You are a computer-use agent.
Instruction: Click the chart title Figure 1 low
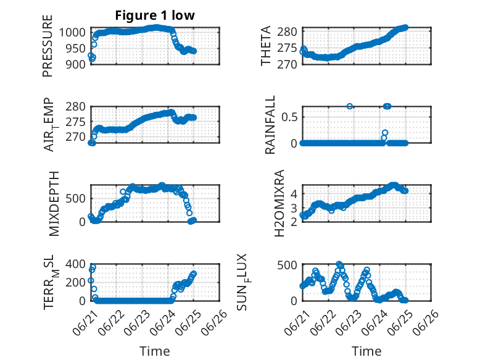155,15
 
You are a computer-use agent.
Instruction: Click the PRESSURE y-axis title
48,46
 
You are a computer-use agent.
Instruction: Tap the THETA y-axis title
266,46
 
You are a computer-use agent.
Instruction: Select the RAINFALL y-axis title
270,125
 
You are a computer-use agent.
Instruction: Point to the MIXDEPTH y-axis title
54,203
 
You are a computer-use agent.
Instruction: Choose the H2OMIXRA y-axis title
279,203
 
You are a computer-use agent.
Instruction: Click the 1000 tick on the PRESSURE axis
72,32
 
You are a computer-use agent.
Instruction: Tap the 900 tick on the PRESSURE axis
76,64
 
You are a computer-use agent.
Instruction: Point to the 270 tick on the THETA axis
287,64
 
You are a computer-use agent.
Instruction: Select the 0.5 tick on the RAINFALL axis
289,117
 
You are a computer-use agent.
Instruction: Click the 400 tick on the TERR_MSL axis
76,264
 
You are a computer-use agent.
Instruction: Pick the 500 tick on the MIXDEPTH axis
76,199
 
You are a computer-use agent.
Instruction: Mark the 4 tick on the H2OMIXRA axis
294,194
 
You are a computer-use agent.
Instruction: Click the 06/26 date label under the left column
214,322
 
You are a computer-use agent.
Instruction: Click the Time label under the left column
155,351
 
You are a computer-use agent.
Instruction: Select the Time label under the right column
366,351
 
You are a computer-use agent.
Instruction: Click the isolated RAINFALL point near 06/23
350,106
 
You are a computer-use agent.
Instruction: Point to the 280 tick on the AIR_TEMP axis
76,107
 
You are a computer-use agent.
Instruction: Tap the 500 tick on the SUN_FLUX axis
287,265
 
